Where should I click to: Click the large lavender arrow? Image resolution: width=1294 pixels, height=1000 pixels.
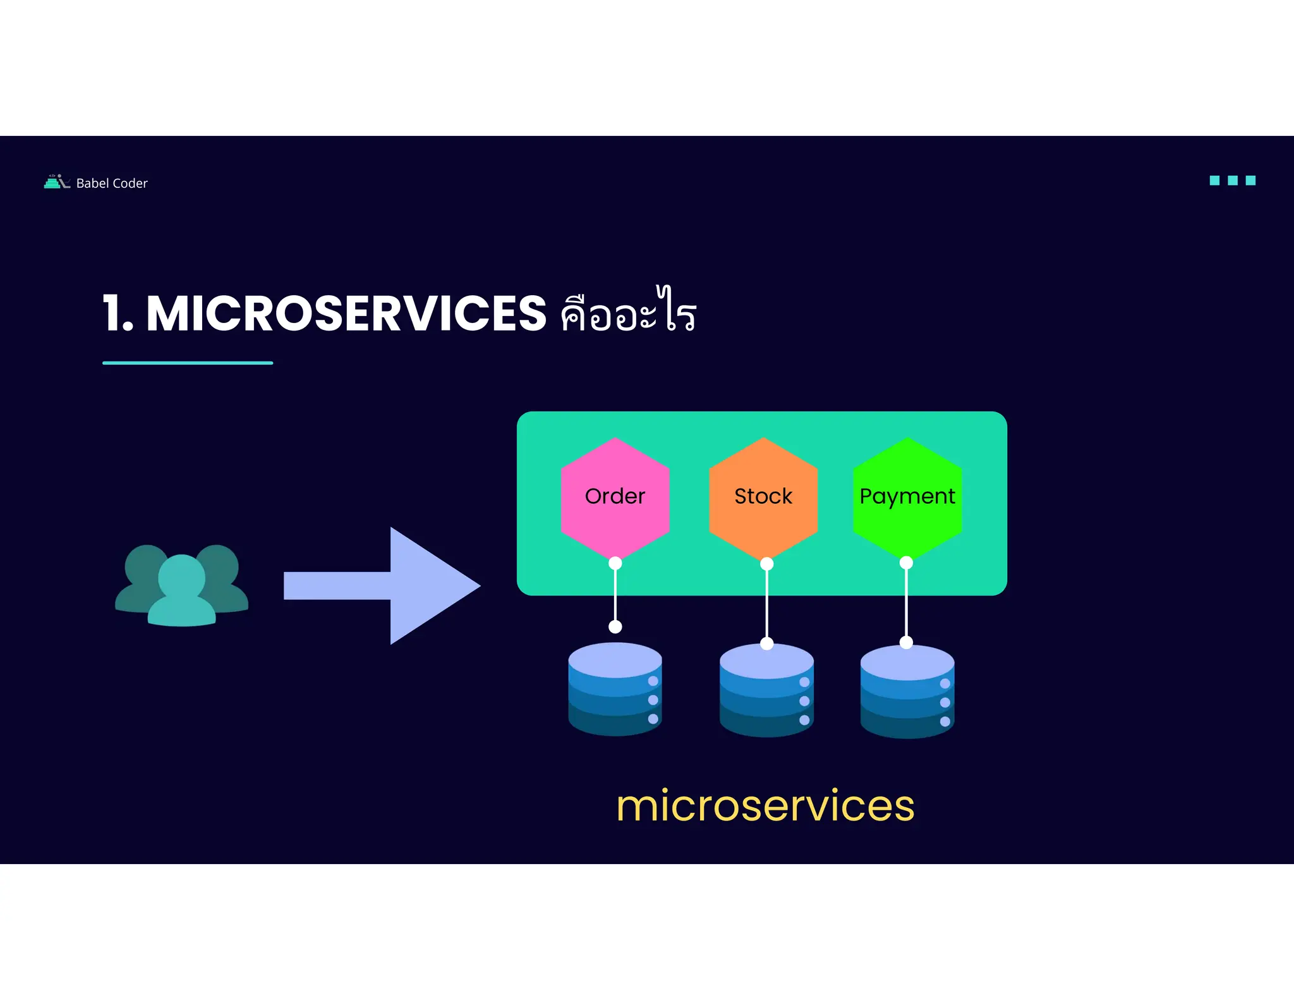[392, 585]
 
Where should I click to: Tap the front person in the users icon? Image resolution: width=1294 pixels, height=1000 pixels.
[181, 591]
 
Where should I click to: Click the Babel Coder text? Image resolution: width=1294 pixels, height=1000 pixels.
[112, 183]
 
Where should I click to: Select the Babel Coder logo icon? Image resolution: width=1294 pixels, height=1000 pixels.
[56, 182]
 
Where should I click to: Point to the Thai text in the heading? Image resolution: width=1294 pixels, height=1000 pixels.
[628, 311]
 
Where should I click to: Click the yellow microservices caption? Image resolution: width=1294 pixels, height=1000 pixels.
[765, 806]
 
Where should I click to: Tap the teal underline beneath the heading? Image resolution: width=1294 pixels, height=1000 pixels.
[188, 363]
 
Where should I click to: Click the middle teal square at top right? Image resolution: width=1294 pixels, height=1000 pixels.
[1232, 181]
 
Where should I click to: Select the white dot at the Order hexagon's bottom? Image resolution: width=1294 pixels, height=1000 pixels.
[615, 563]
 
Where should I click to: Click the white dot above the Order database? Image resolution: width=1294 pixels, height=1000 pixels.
[615, 626]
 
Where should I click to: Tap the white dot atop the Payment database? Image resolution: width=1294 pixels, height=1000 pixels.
[906, 642]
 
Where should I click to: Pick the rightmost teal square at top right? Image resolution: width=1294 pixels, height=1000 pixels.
[1250, 181]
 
